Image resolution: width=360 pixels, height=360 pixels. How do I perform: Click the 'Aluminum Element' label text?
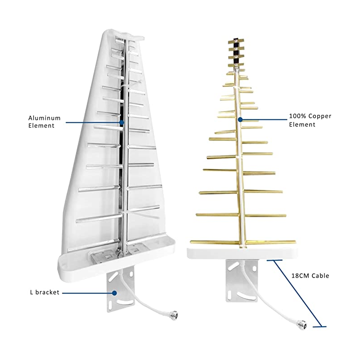pyautogui.click(x=41, y=121)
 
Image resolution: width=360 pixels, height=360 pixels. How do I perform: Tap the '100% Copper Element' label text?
pyautogui.click(x=310, y=120)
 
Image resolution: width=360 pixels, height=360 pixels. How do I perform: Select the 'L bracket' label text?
pyautogui.click(x=42, y=292)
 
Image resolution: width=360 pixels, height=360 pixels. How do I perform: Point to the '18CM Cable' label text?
pyautogui.click(x=310, y=275)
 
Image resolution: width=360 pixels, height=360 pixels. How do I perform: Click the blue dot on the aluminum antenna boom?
pyautogui.click(x=121, y=121)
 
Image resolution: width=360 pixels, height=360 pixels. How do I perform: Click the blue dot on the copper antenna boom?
pyautogui.click(x=240, y=120)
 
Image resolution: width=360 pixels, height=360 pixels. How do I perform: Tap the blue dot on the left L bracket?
pyautogui.click(x=115, y=292)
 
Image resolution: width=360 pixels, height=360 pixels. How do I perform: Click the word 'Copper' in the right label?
pyautogui.click(x=318, y=116)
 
